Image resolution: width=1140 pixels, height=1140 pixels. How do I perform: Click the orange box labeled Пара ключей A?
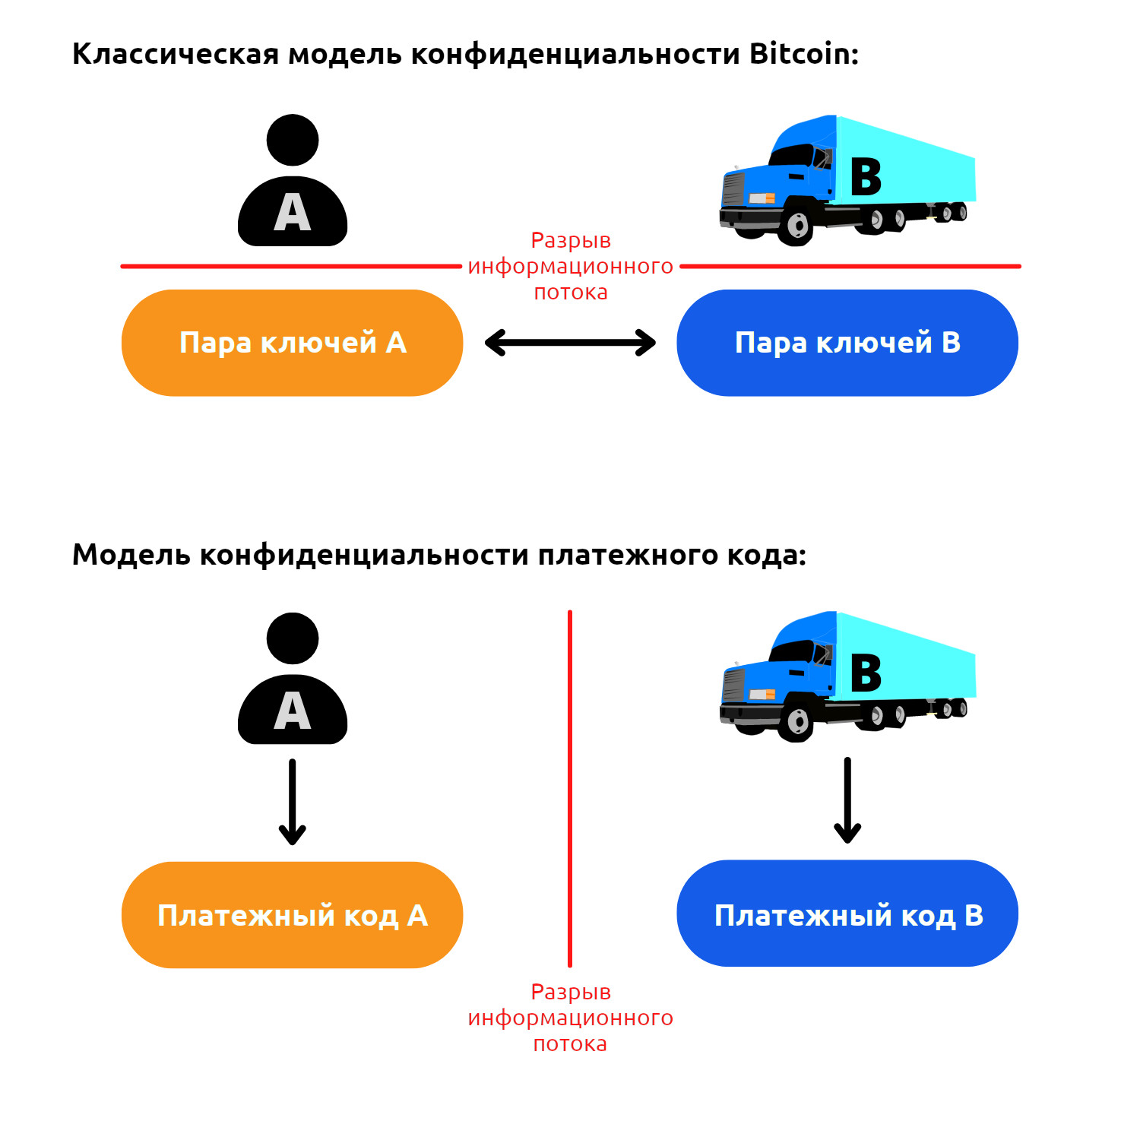(292, 343)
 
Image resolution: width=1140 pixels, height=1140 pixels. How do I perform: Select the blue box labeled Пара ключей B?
(847, 343)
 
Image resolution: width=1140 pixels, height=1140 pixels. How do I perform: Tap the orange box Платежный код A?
(292, 915)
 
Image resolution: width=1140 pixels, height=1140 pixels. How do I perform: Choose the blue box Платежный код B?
(847, 914)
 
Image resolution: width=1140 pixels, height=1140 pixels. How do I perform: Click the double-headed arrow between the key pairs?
(570, 343)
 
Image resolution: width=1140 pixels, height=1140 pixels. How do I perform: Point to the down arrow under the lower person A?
(292, 802)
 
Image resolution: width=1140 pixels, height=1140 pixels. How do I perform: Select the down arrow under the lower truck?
(847, 800)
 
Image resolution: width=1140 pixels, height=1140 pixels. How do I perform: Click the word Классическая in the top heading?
(176, 55)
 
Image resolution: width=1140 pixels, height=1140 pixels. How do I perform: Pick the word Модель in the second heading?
(131, 555)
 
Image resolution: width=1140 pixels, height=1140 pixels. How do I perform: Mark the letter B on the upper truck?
(866, 177)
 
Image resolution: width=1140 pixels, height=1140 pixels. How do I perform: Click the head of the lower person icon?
(293, 638)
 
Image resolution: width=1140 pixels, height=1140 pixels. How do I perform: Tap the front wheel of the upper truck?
(797, 226)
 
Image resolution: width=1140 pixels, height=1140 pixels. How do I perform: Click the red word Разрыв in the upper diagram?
(571, 241)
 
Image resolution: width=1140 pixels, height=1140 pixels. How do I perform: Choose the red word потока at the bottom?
(570, 1044)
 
